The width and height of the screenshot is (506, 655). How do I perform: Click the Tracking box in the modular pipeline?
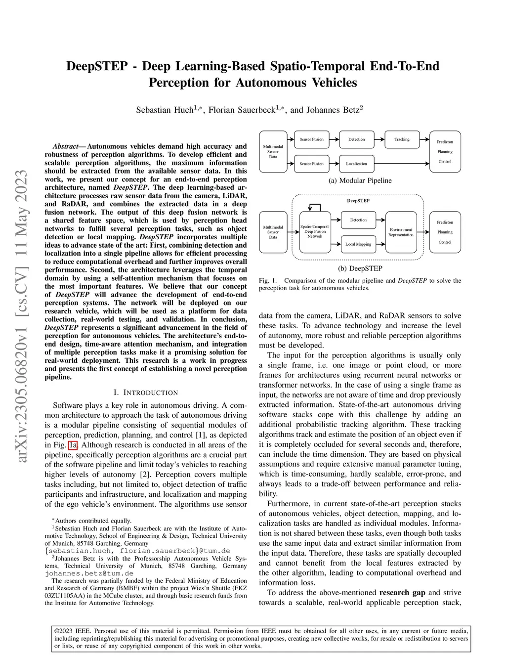click(x=402, y=139)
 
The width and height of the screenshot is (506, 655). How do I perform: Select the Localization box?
click(x=356, y=164)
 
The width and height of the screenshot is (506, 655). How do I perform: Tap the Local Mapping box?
click(x=358, y=244)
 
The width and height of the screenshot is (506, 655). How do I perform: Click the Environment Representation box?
click(x=401, y=232)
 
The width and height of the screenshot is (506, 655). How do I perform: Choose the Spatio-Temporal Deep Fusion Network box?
click(x=315, y=231)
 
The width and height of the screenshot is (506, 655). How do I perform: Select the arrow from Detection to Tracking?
click(x=379, y=139)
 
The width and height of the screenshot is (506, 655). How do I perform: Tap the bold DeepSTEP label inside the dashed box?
click(x=358, y=201)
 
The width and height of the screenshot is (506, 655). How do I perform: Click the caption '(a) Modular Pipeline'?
click(x=360, y=180)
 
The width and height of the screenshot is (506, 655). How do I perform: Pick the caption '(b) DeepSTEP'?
click(x=360, y=268)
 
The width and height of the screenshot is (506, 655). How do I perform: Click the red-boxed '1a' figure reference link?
click(x=73, y=445)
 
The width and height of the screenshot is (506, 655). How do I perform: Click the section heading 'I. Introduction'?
click(x=146, y=393)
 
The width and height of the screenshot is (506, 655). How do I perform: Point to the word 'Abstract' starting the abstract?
click(x=65, y=146)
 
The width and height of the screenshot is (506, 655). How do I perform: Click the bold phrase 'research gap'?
click(x=402, y=592)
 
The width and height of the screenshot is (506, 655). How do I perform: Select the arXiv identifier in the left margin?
click(x=22, y=316)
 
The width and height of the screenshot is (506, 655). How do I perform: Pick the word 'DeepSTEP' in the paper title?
click(x=97, y=66)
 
